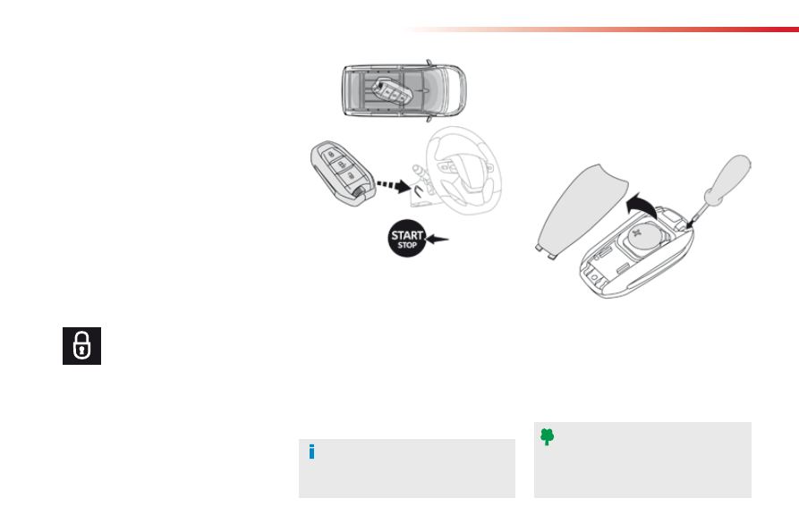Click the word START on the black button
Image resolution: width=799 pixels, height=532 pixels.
407,235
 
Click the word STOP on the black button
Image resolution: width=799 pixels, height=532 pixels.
407,245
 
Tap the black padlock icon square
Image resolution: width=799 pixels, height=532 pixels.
82,346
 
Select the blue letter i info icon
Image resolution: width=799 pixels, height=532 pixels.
312,452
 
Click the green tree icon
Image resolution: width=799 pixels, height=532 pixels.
548,437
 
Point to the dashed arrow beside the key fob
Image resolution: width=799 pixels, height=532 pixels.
394,185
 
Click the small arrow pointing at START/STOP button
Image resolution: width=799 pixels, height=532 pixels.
437,239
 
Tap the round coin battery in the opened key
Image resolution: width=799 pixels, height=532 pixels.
643,238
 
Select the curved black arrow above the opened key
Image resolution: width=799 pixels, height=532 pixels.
641,206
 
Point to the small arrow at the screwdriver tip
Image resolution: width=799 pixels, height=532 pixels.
691,223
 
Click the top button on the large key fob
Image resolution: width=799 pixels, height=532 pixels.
331,154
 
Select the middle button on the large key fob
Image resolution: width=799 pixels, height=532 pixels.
341,165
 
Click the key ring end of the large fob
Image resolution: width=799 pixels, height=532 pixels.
361,193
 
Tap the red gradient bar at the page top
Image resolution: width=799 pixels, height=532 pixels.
601,30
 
